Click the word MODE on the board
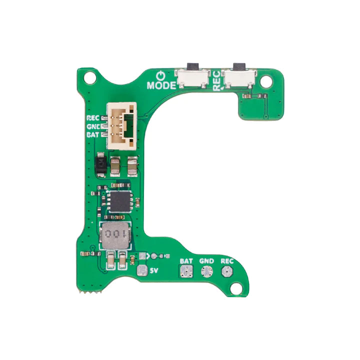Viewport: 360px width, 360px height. (x=161, y=85)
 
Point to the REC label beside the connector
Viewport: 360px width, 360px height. (x=93, y=118)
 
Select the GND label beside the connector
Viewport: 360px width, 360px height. (x=93, y=126)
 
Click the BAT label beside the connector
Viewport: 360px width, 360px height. (x=93, y=134)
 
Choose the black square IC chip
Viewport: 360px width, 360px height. (x=119, y=200)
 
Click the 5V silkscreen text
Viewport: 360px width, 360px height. (x=155, y=271)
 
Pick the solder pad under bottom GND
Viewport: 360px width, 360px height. (x=206, y=271)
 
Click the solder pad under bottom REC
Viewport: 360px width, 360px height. (x=226, y=271)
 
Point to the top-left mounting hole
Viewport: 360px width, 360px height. (x=90, y=78)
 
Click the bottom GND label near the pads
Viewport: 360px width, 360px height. (x=206, y=261)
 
